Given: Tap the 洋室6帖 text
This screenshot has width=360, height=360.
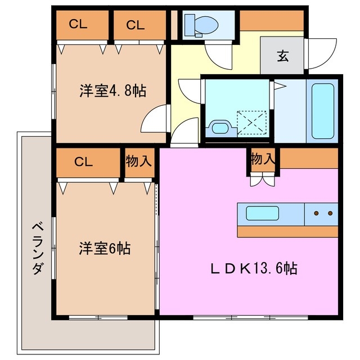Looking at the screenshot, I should [x=105, y=247].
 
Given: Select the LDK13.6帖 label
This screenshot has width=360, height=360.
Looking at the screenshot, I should [x=254, y=268].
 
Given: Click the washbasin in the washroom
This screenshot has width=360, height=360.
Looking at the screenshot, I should [x=218, y=128].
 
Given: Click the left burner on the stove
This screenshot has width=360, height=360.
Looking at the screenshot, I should [x=317, y=214].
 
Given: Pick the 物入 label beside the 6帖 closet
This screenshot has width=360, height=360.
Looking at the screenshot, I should [x=138, y=161].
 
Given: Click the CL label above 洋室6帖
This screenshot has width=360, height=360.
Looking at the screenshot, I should [x=83, y=161].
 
